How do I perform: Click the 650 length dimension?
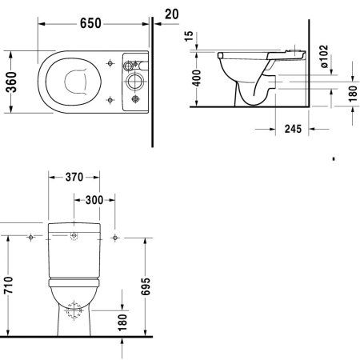pos(90,23)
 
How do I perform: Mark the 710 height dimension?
pos(9,285)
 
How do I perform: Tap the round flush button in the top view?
pos(133,81)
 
